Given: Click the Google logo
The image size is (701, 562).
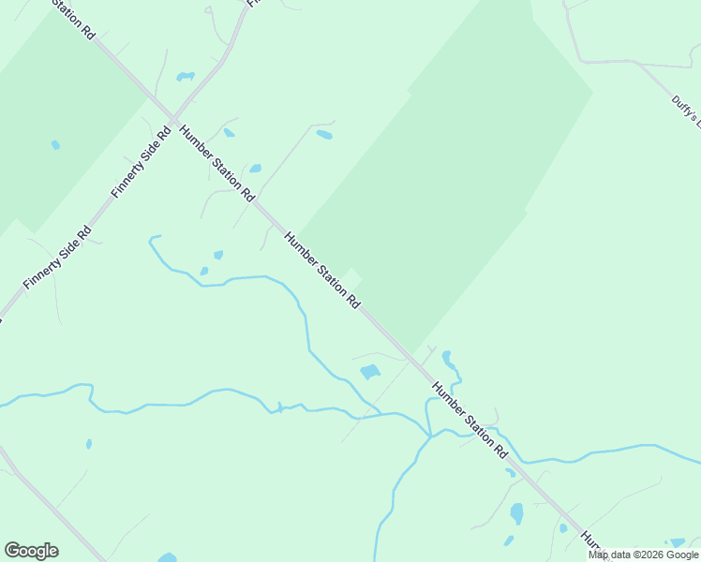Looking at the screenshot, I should pyautogui.click(x=31, y=551).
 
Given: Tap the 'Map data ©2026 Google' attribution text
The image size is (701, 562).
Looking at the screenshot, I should pyautogui.click(x=644, y=555).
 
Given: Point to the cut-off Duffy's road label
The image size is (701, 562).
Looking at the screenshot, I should pyautogui.click(x=687, y=111).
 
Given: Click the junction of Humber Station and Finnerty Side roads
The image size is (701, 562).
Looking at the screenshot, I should pyautogui.click(x=174, y=121).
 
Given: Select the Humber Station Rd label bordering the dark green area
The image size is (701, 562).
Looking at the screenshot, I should pyautogui.click(x=322, y=272).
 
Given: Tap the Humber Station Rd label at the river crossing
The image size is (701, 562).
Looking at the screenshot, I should pyautogui.click(x=470, y=419).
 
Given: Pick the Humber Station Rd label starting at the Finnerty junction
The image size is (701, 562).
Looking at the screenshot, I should pyautogui.click(x=216, y=164).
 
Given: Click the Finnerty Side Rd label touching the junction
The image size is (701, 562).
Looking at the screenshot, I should pyautogui.click(x=142, y=161).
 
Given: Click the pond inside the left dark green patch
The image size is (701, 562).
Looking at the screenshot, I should pyautogui.click(x=55, y=145).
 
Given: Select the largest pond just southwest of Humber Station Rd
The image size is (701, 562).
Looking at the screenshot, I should pyautogui.click(x=370, y=372).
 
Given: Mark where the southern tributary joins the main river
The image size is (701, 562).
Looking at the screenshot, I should pyautogui.click(x=429, y=436).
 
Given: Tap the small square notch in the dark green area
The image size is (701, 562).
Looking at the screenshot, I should pyautogui.click(x=352, y=276).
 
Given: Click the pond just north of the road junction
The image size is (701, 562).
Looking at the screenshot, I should pyautogui.click(x=186, y=76).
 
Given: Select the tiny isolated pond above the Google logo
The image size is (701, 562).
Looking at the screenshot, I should pyautogui.click(x=89, y=444).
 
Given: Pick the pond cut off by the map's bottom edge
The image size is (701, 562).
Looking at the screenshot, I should pyautogui.click(x=168, y=557).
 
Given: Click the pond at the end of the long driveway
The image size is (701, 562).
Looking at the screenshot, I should pyautogui.click(x=324, y=135).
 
